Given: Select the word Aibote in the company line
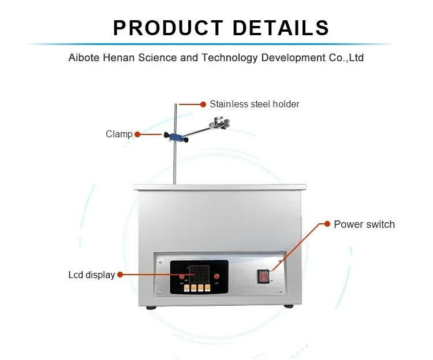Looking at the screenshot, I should (x=84, y=58).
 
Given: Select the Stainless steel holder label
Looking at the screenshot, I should (x=254, y=104).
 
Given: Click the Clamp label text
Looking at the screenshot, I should (x=119, y=134).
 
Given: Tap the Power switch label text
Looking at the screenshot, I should (x=364, y=224).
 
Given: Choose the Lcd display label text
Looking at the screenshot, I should (x=91, y=275).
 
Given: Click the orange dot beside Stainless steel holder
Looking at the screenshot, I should (x=203, y=104).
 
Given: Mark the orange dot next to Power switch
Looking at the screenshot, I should (x=328, y=224).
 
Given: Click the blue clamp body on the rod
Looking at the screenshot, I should (x=176, y=137).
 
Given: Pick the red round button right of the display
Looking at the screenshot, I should (x=216, y=276).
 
